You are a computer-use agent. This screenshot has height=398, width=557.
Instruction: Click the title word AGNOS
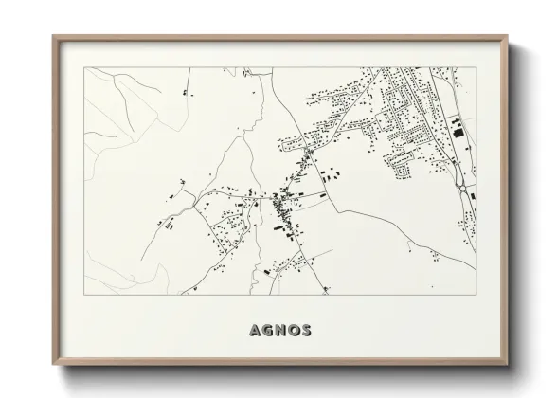point(279,331)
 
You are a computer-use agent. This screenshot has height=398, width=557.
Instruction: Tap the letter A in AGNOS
point(255,331)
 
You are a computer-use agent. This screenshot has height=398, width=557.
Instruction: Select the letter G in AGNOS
point(267,331)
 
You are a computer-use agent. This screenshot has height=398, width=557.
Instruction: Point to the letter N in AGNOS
point(279,331)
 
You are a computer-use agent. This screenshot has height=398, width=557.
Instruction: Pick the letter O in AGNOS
point(293,331)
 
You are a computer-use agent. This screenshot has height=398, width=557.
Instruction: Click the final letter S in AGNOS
point(305,331)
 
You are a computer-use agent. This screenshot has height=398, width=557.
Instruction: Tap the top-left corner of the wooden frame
point(53,37)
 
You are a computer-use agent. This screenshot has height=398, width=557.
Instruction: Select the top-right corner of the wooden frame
point(508,37)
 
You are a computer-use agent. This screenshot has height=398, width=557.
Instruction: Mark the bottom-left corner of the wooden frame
point(53,366)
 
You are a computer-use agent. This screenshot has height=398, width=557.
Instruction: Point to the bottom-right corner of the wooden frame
point(508,366)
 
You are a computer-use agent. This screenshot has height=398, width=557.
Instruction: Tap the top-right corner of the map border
point(476,68)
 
